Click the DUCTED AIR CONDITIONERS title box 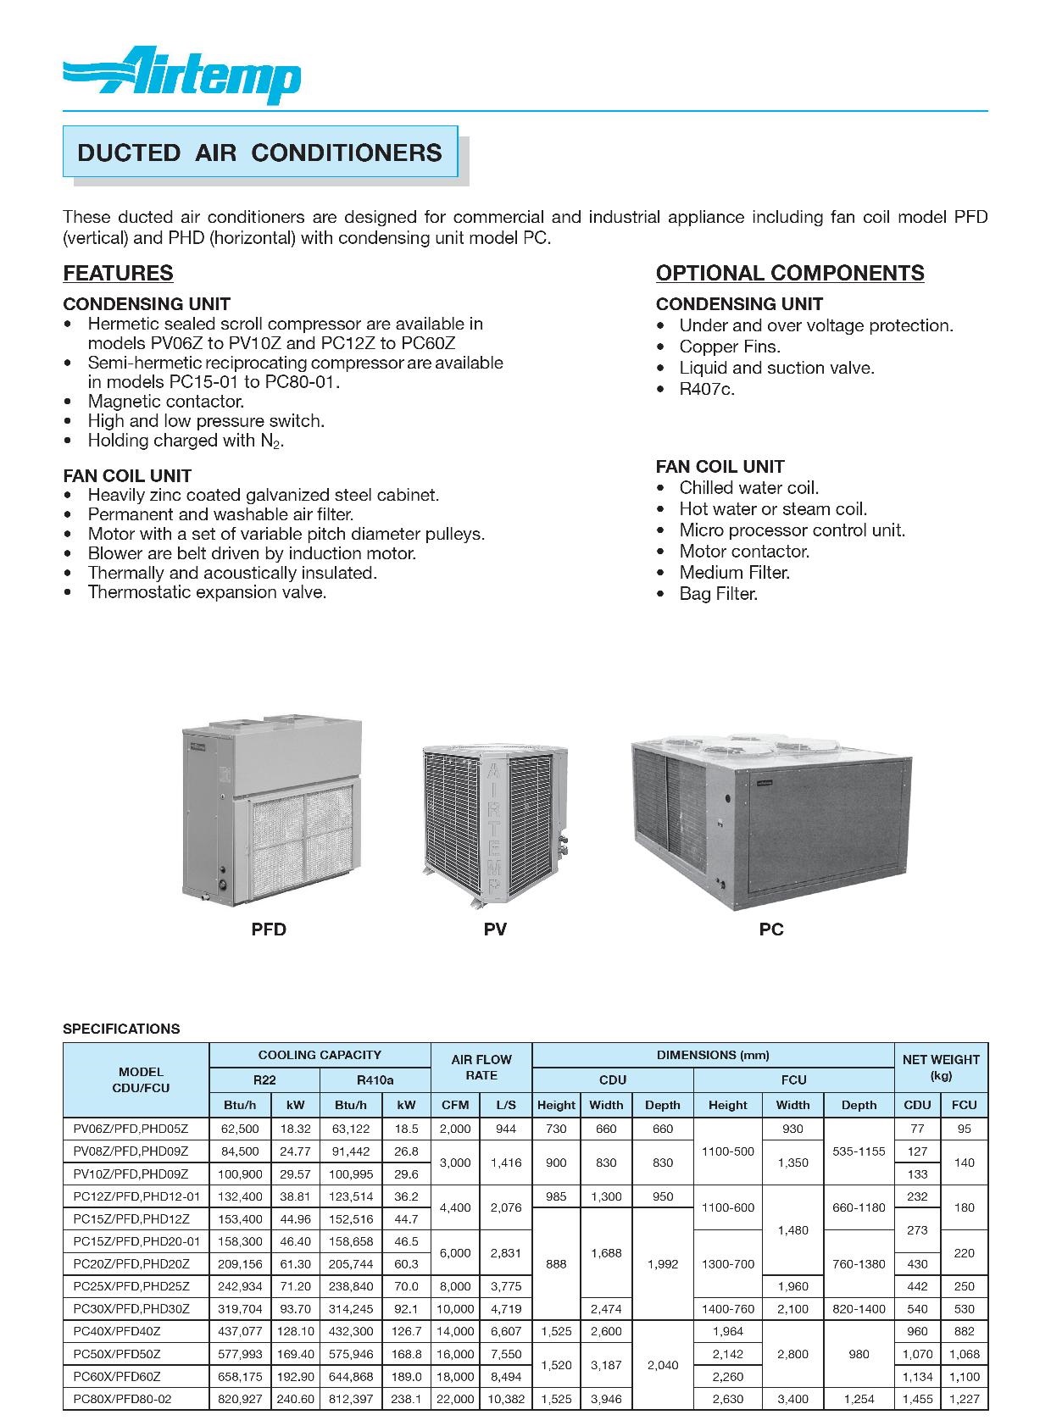pyautogui.click(x=259, y=153)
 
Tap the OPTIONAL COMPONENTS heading pyautogui.click(x=790, y=273)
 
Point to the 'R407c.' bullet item pyautogui.click(x=707, y=389)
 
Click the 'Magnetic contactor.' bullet pyautogui.click(x=165, y=402)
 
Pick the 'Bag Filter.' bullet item pyautogui.click(x=718, y=594)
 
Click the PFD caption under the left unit pyautogui.click(x=269, y=929)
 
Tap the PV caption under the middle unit pyautogui.click(x=495, y=929)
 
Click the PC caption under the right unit pyautogui.click(x=771, y=929)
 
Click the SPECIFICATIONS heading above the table pyautogui.click(x=121, y=1029)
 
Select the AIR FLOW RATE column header pyautogui.click(x=481, y=1067)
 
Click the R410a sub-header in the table pyautogui.click(x=375, y=1079)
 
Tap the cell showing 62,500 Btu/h pyautogui.click(x=239, y=1129)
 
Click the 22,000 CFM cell pyautogui.click(x=456, y=1399)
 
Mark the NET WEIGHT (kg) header pyautogui.click(x=941, y=1067)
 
